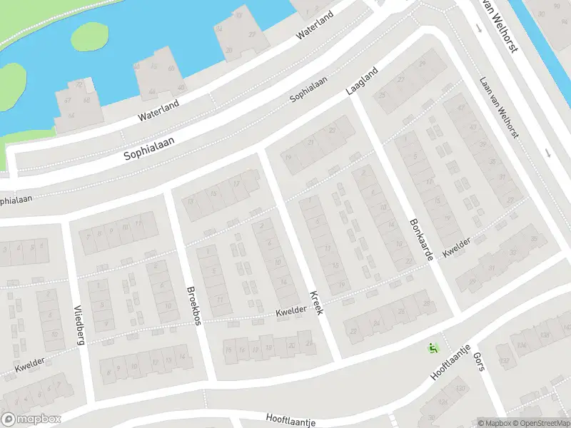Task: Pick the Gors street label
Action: (480, 364)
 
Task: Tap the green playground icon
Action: (433, 348)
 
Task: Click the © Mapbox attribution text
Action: (495, 423)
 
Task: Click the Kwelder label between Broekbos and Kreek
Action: (291, 310)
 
